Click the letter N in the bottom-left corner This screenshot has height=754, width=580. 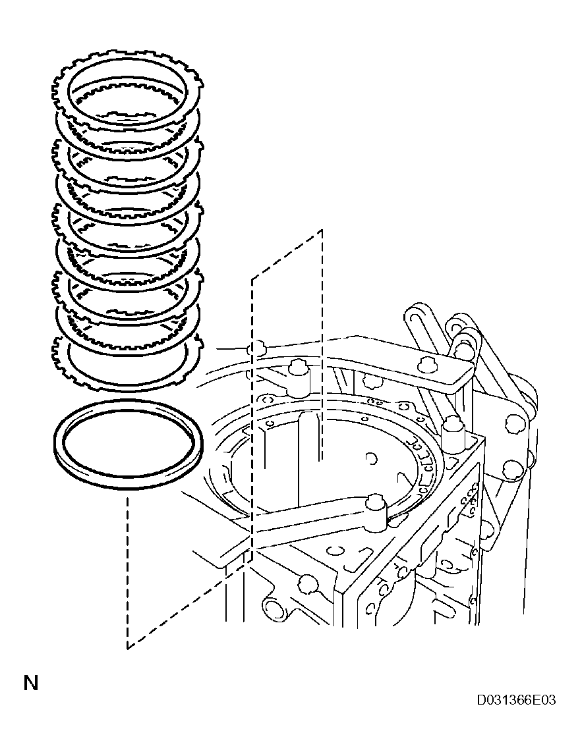point(31,683)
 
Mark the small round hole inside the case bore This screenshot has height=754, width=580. point(371,457)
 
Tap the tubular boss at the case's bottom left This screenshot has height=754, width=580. point(272,607)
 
